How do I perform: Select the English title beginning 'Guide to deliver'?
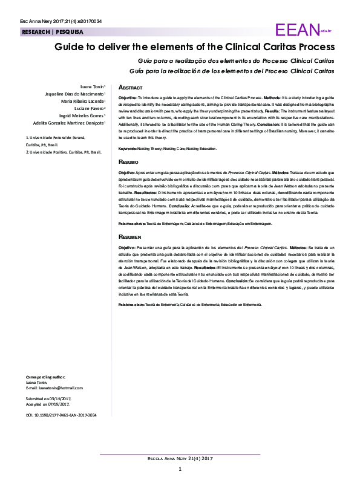[x=194, y=47]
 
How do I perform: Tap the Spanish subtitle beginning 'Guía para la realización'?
[x=236, y=71]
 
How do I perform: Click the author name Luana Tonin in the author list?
[x=93, y=86]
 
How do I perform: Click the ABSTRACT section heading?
[x=130, y=88]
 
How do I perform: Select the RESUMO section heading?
[x=128, y=163]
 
